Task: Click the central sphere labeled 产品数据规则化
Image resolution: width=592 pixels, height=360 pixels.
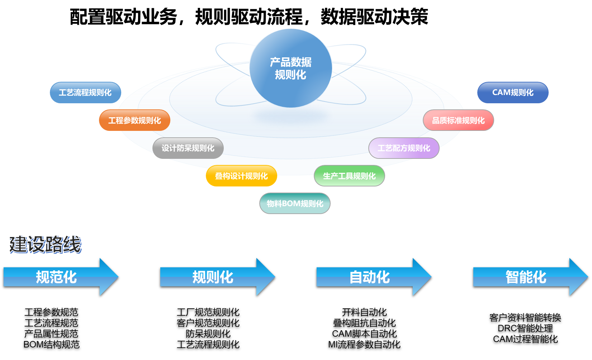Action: pyautogui.click(x=290, y=68)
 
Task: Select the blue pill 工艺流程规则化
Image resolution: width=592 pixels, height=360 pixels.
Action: pyautogui.click(x=85, y=93)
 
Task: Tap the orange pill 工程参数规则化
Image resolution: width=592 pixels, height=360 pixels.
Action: pyautogui.click(x=134, y=120)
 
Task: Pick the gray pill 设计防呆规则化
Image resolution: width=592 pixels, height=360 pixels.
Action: pyautogui.click(x=188, y=148)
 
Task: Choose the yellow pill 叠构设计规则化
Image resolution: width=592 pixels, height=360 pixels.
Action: pyautogui.click(x=241, y=176)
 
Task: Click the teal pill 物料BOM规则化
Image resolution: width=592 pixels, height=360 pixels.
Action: pyautogui.click(x=295, y=204)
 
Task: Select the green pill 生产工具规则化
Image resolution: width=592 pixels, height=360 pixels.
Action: pyautogui.click(x=349, y=176)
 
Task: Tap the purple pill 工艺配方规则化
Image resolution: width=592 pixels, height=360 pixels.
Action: pyautogui.click(x=404, y=148)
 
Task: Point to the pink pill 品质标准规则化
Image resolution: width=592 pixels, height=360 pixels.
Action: pyautogui.click(x=458, y=120)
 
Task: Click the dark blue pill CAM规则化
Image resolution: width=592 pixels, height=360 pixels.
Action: pyautogui.click(x=513, y=93)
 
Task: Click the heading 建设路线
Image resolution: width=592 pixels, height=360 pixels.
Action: pyautogui.click(x=45, y=245)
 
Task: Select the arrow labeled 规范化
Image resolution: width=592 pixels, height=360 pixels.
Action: pyautogui.click(x=56, y=277)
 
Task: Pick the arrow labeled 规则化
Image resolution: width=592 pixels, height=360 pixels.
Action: pyautogui.click(x=213, y=277)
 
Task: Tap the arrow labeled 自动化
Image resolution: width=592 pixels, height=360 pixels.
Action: pyautogui.click(x=370, y=277)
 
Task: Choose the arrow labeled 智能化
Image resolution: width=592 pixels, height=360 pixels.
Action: pyautogui.click(x=526, y=277)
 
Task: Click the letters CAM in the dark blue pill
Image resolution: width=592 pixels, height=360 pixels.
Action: pyautogui.click(x=501, y=93)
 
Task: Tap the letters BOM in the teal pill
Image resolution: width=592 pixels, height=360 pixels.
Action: pyautogui.click(x=291, y=204)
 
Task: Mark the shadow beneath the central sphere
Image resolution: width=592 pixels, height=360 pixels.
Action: pyautogui.click(x=290, y=115)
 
